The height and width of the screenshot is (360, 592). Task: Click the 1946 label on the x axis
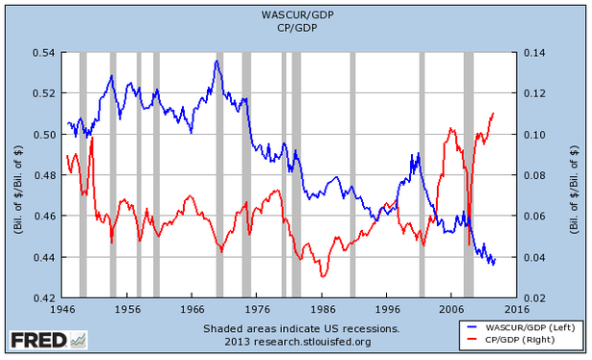click(x=64, y=311)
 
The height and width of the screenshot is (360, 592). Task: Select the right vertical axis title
click(x=575, y=175)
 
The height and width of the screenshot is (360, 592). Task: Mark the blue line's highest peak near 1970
click(x=217, y=62)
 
